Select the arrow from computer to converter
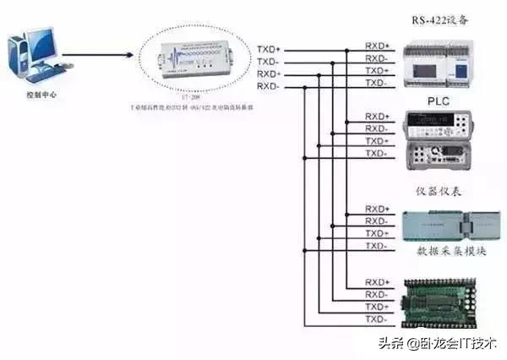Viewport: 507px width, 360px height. [97, 56]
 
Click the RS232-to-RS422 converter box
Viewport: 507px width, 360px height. [197, 63]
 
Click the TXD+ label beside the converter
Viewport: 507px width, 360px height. [269, 49]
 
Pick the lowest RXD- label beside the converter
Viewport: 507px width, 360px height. [269, 85]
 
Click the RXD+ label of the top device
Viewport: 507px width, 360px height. [377, 45]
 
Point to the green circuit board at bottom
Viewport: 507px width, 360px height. [443, 300]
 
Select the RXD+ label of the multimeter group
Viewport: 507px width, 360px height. [377, 116]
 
